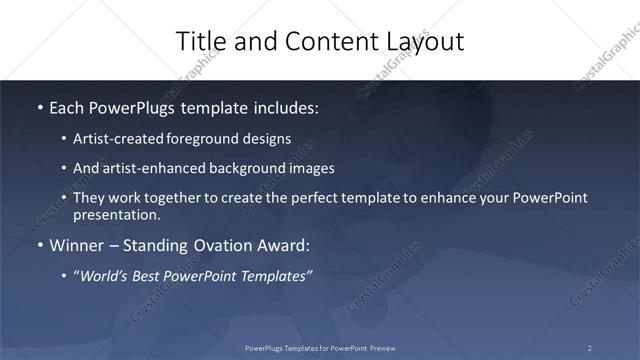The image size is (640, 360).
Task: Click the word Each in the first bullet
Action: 67,106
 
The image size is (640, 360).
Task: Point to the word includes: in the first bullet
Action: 287,106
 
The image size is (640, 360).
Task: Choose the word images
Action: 310,168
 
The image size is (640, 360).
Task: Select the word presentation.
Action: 116,214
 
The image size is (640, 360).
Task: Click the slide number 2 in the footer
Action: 590,347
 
